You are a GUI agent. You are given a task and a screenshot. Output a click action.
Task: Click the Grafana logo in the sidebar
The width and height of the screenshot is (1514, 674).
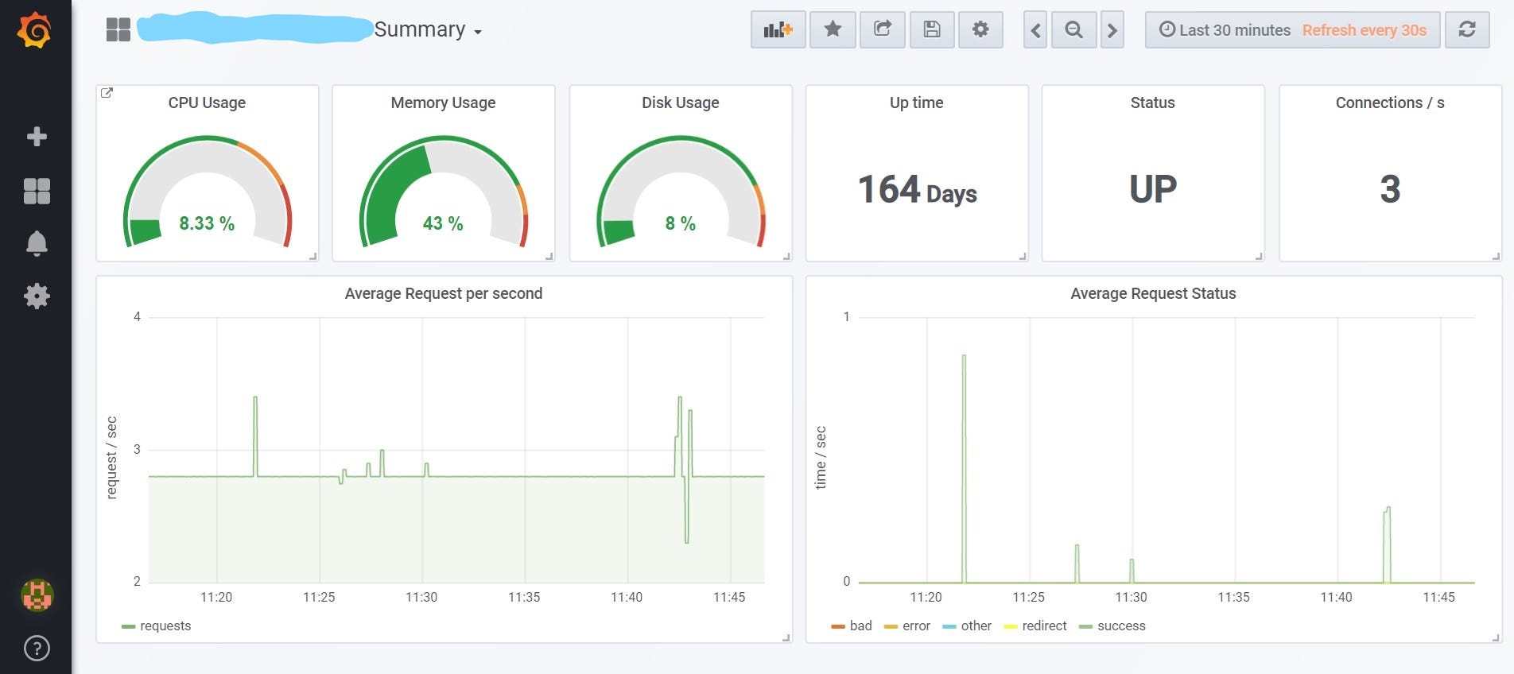coord(35,30)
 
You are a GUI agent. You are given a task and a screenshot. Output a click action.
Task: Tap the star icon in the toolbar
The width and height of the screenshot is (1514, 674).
coord(833,30)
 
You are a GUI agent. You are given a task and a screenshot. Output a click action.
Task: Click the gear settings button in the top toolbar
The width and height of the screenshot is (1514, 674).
coord(980,30)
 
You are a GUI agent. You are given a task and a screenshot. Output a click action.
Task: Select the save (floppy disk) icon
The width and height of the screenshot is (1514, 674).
coord(932,30)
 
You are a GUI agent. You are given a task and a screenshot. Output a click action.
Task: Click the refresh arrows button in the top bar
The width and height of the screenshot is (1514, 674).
coord(1467,30)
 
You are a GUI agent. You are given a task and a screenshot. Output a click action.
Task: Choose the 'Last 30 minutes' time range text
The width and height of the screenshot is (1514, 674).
coord(1234,30)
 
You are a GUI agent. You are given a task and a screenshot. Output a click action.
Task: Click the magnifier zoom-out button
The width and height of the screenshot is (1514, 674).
coord(1073,30)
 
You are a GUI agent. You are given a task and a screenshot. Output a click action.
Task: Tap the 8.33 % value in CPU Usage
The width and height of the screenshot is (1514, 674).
coord(207,223)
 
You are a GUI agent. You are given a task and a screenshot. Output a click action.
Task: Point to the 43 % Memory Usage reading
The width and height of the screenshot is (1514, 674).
coord(443,223)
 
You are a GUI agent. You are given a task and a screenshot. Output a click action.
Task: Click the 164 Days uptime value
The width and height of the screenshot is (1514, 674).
coord(917,190)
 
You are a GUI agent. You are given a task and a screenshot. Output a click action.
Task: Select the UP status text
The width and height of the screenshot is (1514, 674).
coord(1153,189)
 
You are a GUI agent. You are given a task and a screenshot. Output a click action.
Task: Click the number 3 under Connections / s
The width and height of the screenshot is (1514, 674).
coord(1390,189)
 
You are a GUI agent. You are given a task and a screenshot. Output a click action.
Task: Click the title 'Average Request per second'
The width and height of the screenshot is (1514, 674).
coord(444,293)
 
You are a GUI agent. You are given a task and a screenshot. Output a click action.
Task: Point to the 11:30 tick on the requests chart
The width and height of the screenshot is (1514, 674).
coord(421,597)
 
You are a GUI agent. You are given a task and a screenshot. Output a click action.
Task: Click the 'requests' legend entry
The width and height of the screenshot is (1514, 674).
coord(165,626)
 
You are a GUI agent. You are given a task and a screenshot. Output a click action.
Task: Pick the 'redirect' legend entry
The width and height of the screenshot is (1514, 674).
coord(1044,626)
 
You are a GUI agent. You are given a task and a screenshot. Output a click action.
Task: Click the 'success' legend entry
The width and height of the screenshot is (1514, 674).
coord(1121,626)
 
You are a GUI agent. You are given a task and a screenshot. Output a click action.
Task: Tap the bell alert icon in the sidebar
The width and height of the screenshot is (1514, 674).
coord(37,243)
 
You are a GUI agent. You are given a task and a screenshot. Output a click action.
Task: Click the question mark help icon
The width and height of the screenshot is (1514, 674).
coord(37,649)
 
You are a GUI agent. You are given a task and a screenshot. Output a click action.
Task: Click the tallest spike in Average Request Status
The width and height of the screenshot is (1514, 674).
coord(964,357)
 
